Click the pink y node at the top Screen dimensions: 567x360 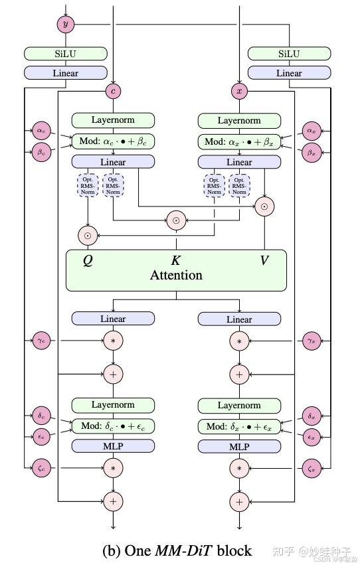point(65,24)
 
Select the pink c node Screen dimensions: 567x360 point(113,90)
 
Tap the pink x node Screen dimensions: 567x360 point(239,90)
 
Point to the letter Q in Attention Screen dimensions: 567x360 point(88,260)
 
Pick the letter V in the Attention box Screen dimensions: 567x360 point(264,260)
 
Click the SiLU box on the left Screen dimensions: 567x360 point(65,54)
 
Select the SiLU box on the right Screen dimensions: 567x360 point(289,54)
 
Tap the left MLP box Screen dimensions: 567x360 point(113,447)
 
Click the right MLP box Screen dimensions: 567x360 point(239,447)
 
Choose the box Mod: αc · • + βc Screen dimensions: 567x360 point(113,141)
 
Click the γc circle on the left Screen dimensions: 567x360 point(41,341)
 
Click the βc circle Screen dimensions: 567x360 point(41,152)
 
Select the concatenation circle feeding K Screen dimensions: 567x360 point(176,220)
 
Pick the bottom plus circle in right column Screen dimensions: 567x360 point(239,501)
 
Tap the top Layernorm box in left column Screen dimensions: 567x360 point(113,120)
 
